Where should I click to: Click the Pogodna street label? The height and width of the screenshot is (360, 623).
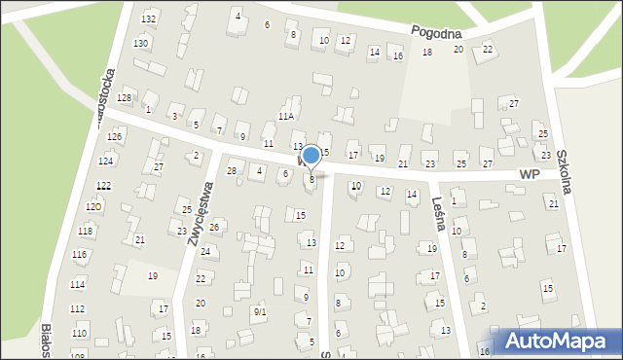pos(435,32)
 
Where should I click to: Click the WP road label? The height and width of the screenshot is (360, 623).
pos(530,173)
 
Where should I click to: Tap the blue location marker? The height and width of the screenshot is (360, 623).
pos(311,156)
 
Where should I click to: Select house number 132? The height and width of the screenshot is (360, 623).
pos(148,19)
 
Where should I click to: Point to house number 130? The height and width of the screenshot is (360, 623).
pos(141,44)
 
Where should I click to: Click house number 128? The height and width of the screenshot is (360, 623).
pos(124,99)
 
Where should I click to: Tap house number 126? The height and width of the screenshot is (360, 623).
pos(114,137)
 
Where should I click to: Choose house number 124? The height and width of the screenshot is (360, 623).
pos(106,161)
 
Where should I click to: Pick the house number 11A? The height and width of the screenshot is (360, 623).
pos(285,116)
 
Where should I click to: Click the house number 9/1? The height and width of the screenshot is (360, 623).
pos(260,312)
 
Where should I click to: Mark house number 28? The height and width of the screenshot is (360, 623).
pos(232,171)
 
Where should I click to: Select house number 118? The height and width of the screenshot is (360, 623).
pos(86,231)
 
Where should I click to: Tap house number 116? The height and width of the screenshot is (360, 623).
pos(79,254)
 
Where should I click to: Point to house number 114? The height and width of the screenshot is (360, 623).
pos(77,284)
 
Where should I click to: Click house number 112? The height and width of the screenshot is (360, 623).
pos(77,308)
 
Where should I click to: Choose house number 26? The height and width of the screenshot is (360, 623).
pos(214,228)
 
